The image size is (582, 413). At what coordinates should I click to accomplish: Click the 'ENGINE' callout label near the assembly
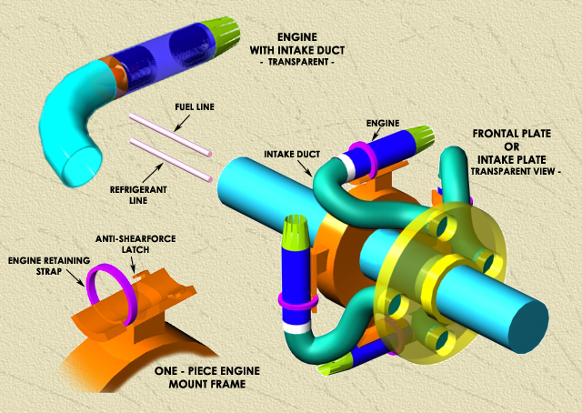tap(382, 122)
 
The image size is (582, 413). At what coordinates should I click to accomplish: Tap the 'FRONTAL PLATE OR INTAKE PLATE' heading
tap(513, 151)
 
